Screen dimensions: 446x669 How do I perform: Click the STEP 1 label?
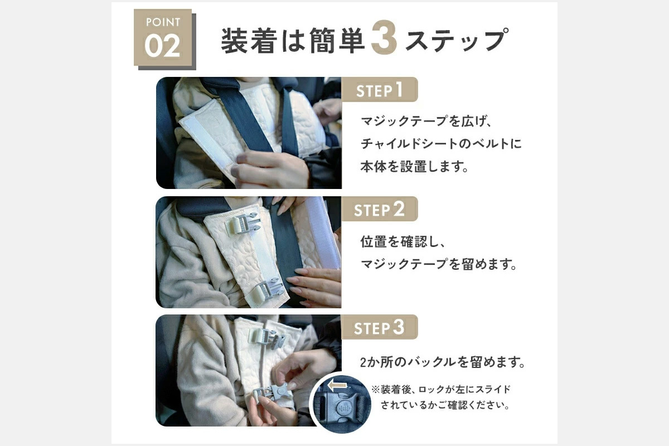tap(379, 90)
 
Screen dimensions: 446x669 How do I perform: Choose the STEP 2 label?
tap(379, 210)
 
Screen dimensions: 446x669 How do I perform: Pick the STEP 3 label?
tap(379, 328)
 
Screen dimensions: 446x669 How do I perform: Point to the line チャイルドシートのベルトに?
tap(441, 144)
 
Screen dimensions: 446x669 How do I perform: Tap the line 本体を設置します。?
tap(414, 167)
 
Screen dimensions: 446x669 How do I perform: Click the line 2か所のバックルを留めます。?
tap(443, 363)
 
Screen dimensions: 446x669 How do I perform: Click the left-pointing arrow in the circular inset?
tap(337, 385)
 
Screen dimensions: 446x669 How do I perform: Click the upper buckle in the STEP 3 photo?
tap(262, 334)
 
